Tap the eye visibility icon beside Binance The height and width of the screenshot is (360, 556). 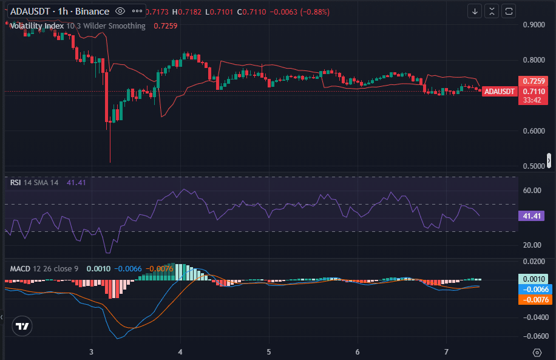pyautogui.click(x=120, y=11)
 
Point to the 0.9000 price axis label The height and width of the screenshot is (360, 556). pyautogui.click(x=534, y=25)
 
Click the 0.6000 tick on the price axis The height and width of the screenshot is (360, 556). pyautogui.click(x=534, y=131)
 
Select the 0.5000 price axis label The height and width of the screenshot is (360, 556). pyautogui.click(x=534, y=166)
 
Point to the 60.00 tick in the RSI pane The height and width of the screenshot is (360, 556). pyautogui.click(x=532, y=191)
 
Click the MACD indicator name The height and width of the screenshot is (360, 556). pyautogui.click(x=19, y=268)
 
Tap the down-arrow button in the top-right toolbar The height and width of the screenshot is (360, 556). pyautogui.click(x=475, y=11)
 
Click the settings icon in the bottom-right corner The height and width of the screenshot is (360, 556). pyautogui.click(x=537, y=352)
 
